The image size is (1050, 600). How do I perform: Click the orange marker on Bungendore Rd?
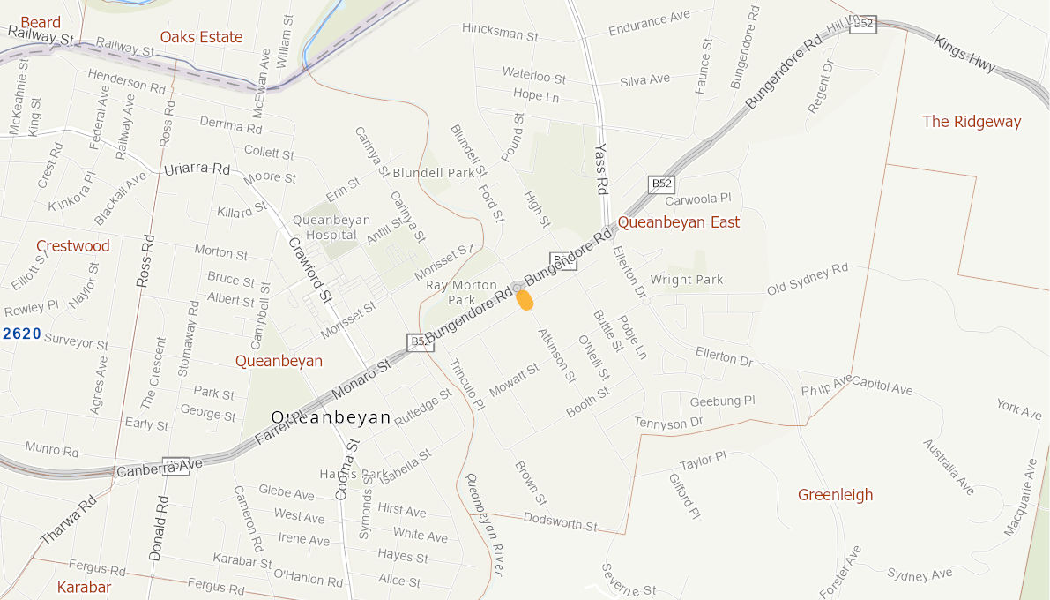click(x=525, y=300)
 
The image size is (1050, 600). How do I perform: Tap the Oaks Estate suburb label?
click(x=201, y=37)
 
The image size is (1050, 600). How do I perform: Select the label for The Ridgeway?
click(x=972, y=122)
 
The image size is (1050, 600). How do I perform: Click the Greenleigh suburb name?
click(x=835, y=495)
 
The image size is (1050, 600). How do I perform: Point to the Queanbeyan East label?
click(x=678, y=222)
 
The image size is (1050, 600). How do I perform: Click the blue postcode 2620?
click(x=22, y=334)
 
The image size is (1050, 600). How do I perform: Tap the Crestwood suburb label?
click(x=73, y=246)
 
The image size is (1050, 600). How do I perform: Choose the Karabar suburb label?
click(x=85, y=587)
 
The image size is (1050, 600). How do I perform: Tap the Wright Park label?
click(x=687, y=280)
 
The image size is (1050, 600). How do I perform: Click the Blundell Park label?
click(x=434, y=173)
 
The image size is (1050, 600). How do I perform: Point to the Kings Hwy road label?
click(x=964, y=55)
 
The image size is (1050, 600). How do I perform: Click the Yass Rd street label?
click(x=602, y=168)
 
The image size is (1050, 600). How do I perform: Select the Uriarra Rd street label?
click(x=197, y=169)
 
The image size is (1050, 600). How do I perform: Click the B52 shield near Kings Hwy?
click(x=863, y=24)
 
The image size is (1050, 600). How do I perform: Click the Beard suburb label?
click(x=41, y=23)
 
